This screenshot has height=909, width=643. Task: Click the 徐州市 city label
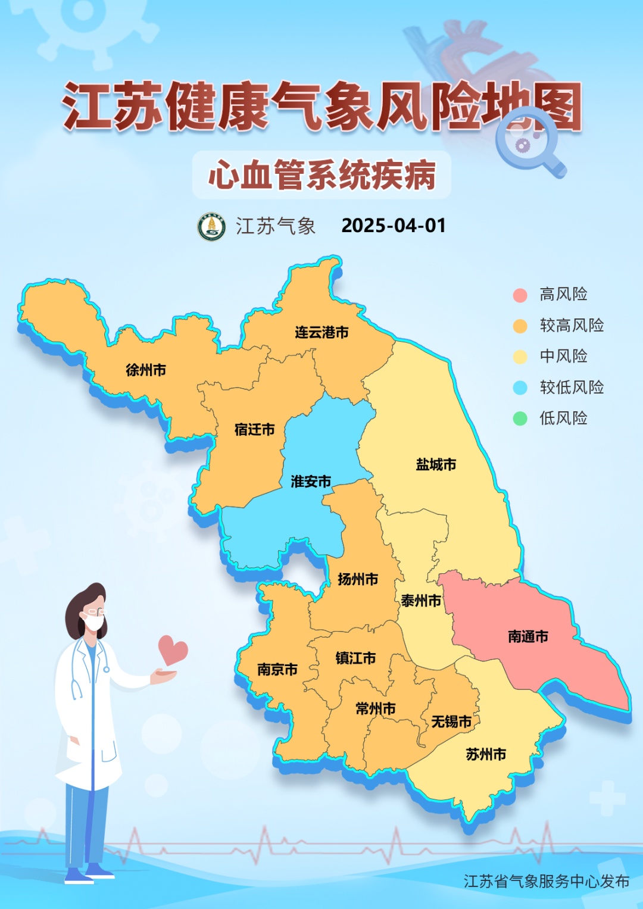[x=146, y=370]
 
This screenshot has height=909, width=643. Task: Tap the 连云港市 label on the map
[x=321, y=333]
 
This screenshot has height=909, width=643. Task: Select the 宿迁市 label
[x=255, y=430]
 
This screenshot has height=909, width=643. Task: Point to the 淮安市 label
[x=311, y=482]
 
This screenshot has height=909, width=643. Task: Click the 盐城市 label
[x=436, y=465]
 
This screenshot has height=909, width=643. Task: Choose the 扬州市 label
[x=358, y=579]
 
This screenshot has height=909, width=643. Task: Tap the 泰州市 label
[x=421, y=601]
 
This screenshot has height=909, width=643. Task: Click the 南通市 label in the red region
[x=528, y=637]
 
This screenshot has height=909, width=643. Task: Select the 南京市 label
[x=277, y=670]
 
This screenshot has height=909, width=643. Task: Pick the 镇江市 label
[x=355, y=658]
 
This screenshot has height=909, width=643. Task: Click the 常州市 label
[x=376, y=709]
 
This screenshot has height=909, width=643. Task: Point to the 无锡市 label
[x=451, y=722]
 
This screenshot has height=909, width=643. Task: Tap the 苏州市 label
[x=486, y=755]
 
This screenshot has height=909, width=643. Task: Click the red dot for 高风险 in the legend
[x=520, y=295]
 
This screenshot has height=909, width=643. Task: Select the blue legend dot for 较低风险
[x=520, y=388]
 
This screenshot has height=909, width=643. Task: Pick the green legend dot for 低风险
[x=520, y=419]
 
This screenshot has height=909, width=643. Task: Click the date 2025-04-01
[x=394, y=226]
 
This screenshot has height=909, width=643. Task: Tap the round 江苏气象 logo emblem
[x=211, y=227]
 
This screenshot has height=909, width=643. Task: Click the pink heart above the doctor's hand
[x=172, y=650]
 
